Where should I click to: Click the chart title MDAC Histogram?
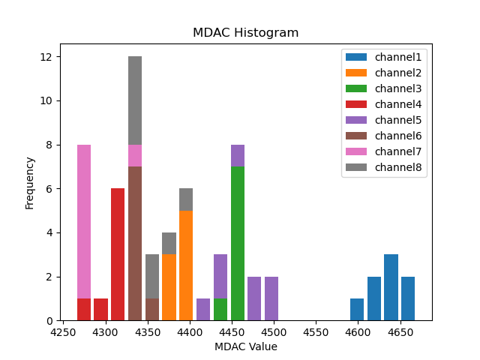click(x=245, y=33)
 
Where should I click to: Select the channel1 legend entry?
click(x=397, y=57)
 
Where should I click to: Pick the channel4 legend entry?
click(x=397, y=104)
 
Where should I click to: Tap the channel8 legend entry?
click(x=397, y=167)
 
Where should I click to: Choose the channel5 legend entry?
click(x=397, y=120)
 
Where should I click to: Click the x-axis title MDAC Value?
click(x=245, y=346)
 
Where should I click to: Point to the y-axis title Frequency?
click(x=30, y=182)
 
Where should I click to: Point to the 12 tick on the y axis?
click(x=46, y=57)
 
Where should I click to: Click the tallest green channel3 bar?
click(x=238, y=244)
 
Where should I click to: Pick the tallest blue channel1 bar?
click(x=391, y=287)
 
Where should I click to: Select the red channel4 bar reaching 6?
click(x=118, y=255)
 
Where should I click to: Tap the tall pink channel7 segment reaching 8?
click(x=84, y=221)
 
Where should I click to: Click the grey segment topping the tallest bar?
click(x=135, y=100)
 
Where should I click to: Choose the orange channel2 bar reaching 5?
click(x=186, y=266)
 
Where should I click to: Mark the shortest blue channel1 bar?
click(x=357, y=310)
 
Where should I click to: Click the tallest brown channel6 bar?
click(x=135, y=244)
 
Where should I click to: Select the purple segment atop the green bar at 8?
click(x=238, y=155)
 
